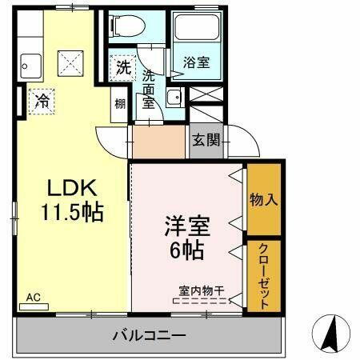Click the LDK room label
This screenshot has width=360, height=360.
(71, 190)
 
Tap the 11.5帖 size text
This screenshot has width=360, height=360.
(73, 213)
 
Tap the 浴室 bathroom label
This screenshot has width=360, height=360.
(196, 62)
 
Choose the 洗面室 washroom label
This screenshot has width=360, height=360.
(149, 88)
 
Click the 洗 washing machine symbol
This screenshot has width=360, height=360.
(122, 66)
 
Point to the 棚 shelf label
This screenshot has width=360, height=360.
(118, 103)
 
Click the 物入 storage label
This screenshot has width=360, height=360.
(263, 199)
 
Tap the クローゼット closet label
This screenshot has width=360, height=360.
(263, 275)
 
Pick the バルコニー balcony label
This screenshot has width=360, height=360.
(150, 335)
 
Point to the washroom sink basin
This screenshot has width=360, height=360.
(174, 98)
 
